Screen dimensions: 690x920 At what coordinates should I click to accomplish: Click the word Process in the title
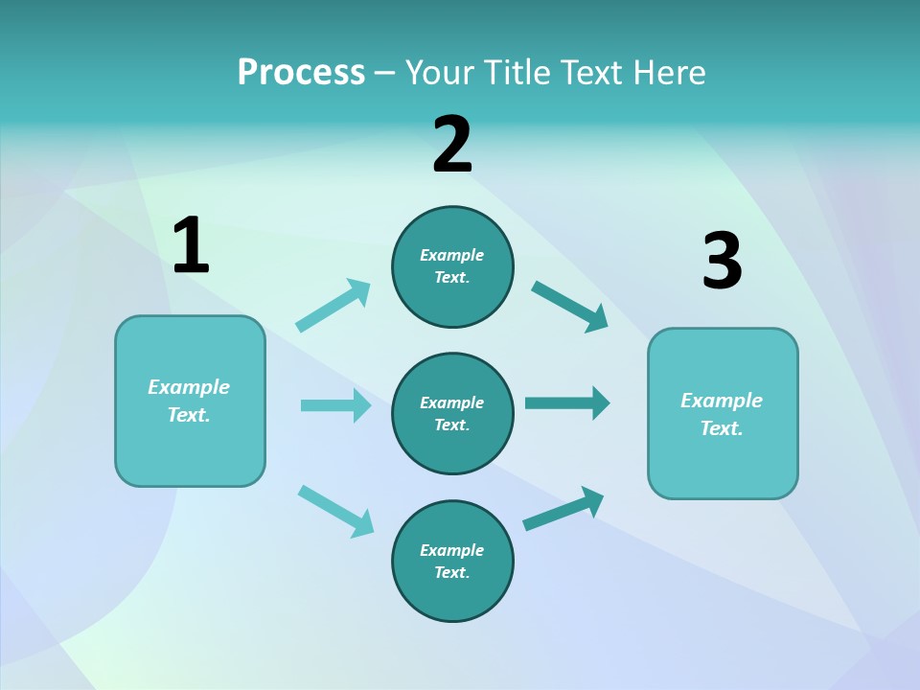click(301, 72)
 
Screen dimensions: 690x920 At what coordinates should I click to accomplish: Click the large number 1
click(191, 246)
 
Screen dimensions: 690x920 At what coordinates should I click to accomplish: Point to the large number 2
click(452, 145)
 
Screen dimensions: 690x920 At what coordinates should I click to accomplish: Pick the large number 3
click(722, 262)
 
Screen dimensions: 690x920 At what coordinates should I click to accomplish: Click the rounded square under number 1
click(190, 401)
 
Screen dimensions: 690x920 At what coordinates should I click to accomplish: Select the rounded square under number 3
click(723, 413)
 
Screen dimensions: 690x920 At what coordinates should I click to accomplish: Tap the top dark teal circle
click(452, 266)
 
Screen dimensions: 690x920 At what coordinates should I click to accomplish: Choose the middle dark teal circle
click(452, 413)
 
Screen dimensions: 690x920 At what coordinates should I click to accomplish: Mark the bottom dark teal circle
click(452, 561)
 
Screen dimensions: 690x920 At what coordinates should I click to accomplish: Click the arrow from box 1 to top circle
click(333, 306)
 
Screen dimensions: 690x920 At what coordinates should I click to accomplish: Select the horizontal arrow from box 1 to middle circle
click(335, 405)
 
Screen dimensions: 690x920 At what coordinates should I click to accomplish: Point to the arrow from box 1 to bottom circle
click(335, 510)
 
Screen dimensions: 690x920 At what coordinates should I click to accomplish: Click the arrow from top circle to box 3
click(570, 307)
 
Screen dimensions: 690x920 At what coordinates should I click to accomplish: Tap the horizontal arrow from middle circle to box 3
click(567, 402)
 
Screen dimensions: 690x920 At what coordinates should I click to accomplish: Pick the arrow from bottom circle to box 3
click(563, 509)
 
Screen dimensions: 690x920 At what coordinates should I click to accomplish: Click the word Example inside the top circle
click(452, 255)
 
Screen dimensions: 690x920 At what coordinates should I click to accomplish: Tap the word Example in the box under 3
click(722, 401)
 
